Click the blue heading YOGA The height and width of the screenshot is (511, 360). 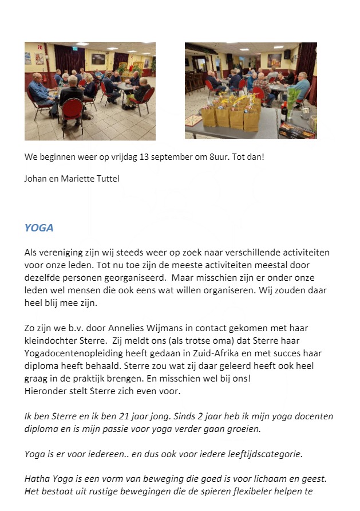click(x=39, y=227)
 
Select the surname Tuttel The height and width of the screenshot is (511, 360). click(x=107, y=178)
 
